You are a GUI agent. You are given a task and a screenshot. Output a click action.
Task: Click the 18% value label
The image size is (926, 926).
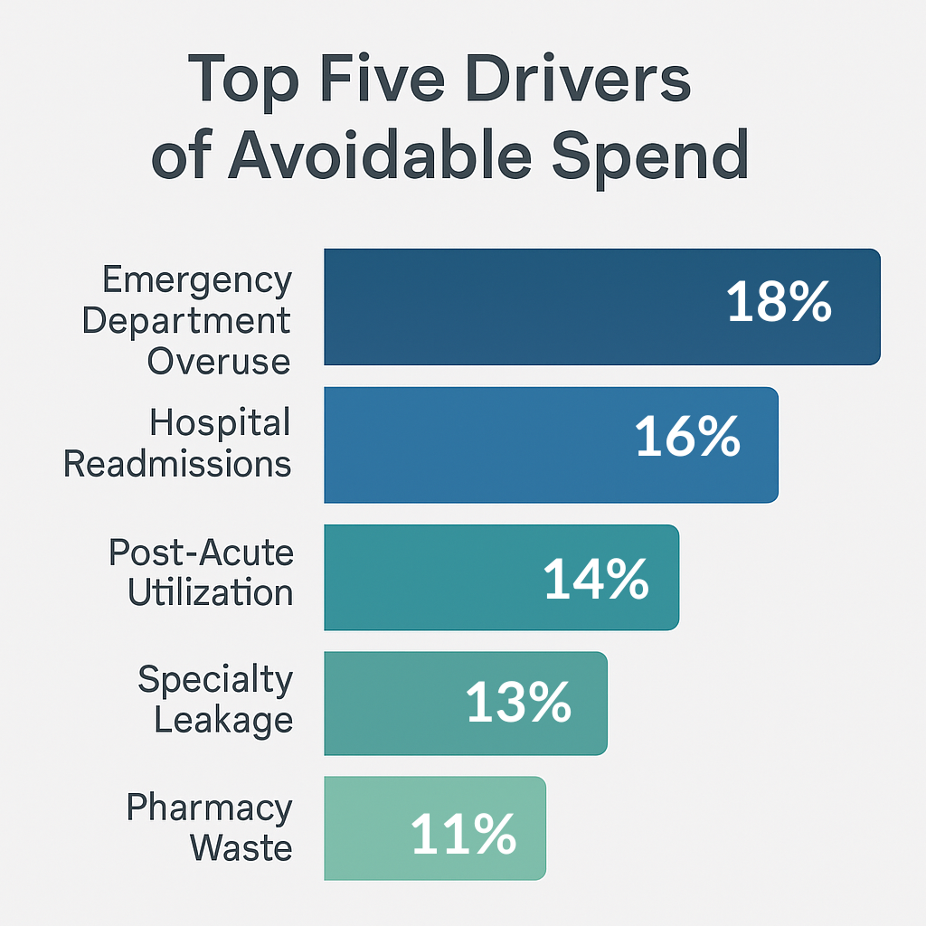(779, 303)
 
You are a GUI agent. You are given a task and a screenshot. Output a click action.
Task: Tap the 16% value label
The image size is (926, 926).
(687, 438)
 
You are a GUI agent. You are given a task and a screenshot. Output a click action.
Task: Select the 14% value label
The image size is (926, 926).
(596, 580)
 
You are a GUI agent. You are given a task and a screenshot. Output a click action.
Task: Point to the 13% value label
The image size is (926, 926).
(518, 703)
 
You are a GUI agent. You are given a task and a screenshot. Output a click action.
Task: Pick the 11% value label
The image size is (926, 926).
(463, 834)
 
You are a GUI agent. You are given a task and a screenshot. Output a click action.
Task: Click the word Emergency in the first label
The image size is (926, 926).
(197, 281)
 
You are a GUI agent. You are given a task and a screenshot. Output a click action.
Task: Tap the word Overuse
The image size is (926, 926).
(219, 362)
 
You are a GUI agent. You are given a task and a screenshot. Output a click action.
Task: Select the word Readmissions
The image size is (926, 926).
(178, 464)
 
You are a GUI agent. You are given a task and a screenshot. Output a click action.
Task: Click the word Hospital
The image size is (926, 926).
(221, 422)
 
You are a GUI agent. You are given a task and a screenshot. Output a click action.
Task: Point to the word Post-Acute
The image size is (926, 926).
(201, 552)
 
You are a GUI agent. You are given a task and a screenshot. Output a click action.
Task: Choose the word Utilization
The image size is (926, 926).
(210, 592)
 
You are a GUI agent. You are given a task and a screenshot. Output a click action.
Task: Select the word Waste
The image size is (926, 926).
(241, 848)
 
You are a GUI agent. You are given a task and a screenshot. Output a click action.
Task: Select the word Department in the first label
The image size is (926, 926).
(186, 322)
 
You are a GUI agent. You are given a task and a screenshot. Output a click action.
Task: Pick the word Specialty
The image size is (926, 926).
(215, 679)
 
